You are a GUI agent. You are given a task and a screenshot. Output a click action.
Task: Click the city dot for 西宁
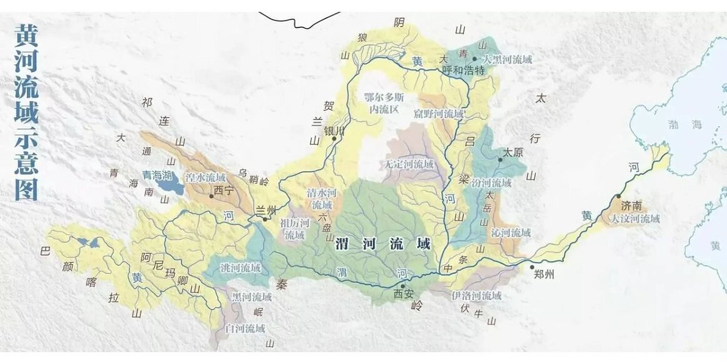tap(211, 196)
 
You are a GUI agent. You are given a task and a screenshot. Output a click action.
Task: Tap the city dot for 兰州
tap(265, 219)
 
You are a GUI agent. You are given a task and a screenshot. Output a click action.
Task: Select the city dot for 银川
tap(334, 139)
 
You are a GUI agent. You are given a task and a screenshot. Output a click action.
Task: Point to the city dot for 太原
tap(500, 160)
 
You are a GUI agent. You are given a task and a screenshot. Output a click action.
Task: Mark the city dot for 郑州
tap(532, 267)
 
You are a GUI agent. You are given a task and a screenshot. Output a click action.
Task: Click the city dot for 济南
tap(619, 196)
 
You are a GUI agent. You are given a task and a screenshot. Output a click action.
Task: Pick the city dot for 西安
tap(402, 286)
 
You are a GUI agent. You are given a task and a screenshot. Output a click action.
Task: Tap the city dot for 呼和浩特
tap(474, 59)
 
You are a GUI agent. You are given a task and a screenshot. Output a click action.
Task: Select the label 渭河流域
tap(383, 244)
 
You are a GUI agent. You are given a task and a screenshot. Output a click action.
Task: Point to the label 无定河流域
tap(409, 164)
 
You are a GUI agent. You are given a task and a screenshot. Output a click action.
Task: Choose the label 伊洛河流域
tap(477, 296)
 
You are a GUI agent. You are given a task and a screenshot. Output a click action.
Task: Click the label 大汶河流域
tap(635, 219)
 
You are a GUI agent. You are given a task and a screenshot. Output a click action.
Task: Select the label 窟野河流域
tap(439, 114)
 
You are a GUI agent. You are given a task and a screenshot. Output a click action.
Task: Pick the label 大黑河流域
tap(507, 60)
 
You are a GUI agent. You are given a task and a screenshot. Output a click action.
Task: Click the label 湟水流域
tap(205, 178)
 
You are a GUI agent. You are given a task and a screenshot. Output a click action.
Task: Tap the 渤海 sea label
tap(685, 124)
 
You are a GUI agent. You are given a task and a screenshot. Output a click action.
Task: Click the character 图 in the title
tap(26, 190)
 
